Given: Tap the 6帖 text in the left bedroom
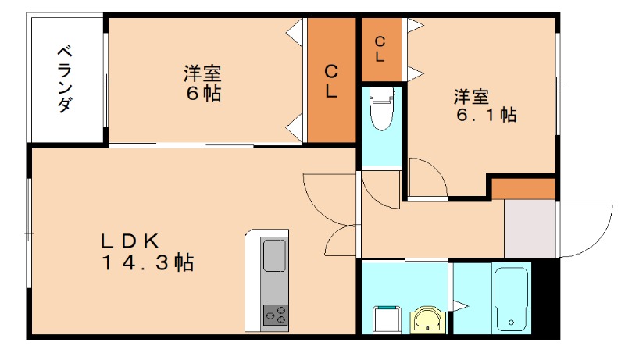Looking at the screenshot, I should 202,94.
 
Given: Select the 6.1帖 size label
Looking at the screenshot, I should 485,115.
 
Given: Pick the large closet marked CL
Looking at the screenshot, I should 331,80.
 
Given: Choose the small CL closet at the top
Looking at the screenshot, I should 380,48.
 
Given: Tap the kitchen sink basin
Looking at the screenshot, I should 274,255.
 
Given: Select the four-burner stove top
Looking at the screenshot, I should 274,314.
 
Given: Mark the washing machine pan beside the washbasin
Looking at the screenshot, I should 387,319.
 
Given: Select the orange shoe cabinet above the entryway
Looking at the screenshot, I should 523,188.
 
